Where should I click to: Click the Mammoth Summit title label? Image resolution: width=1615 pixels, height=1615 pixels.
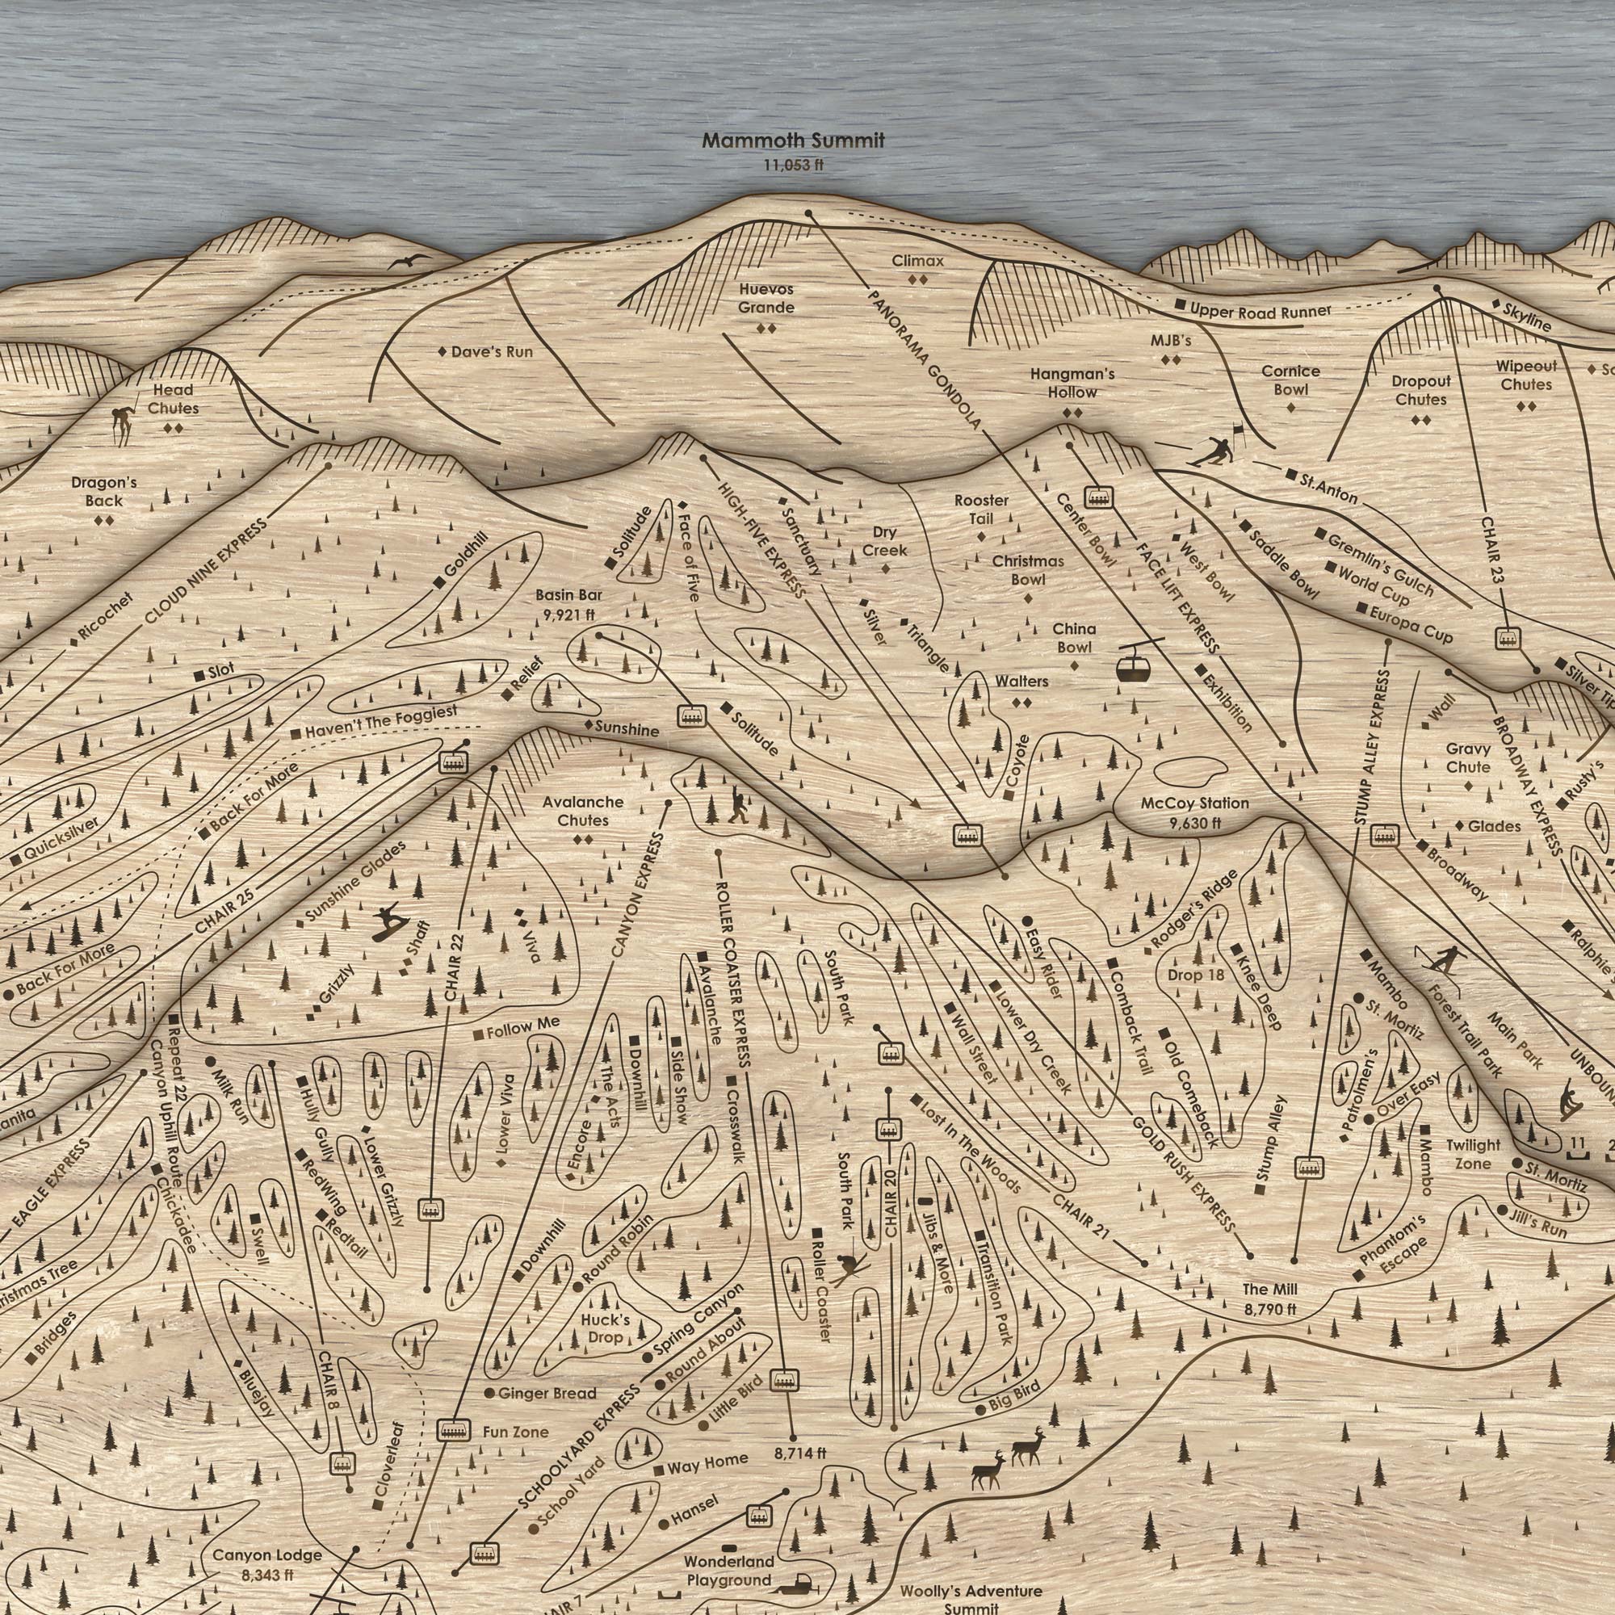(x=792, y=141)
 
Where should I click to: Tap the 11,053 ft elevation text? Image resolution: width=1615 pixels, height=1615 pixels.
(x=792, y=165)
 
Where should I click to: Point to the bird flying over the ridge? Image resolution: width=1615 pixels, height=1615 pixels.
(x=409, y=262)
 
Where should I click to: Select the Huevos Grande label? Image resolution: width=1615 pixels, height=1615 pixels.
(x=766, y=299)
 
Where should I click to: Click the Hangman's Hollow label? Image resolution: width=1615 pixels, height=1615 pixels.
(x=1072, y=383)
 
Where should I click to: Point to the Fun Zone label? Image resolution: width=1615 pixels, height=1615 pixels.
(x=516, y=1455)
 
